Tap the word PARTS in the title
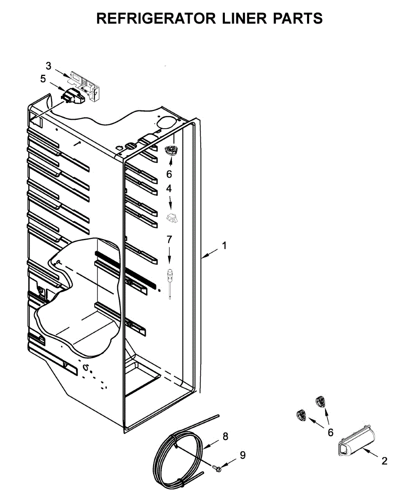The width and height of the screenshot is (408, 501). coord(297,18)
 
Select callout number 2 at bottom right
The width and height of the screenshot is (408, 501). coord(384,461)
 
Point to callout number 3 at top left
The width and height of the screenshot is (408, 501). coord(48,66)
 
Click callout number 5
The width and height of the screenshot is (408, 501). coord(43,78)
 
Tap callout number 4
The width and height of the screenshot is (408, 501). coord(169,189)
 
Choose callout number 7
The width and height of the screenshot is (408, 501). coord(169,239)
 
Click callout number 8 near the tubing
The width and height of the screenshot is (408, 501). coord(225,436)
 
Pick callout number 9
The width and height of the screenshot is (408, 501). coord(242,455)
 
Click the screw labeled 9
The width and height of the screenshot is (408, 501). coord(217,469)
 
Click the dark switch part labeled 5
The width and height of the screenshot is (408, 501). coord(73,97)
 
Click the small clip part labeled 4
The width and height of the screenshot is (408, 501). coord(172,217)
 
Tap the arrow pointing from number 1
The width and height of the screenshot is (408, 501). coord(211,252)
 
